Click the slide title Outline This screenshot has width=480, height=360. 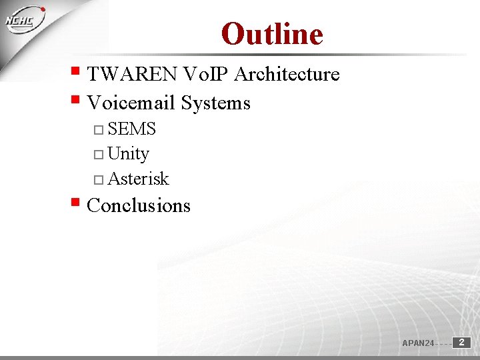point(272,34)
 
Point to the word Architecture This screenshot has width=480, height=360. point(287,74)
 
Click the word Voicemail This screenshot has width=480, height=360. point(131,103)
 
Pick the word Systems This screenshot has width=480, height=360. point(215,103)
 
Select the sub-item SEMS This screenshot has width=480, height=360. point(131,129)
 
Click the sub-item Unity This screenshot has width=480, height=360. point(128,154)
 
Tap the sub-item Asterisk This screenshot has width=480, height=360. point(138,179)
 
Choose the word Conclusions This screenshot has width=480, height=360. point(139,205)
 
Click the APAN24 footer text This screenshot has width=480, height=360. point(418,343)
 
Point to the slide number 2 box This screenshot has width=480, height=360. point(461,342)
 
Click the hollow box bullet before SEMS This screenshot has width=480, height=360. point(99,129)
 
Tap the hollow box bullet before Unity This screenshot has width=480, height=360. point(99,155)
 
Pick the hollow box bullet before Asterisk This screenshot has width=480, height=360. point(99,180)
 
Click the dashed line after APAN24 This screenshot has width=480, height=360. point(443,344)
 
